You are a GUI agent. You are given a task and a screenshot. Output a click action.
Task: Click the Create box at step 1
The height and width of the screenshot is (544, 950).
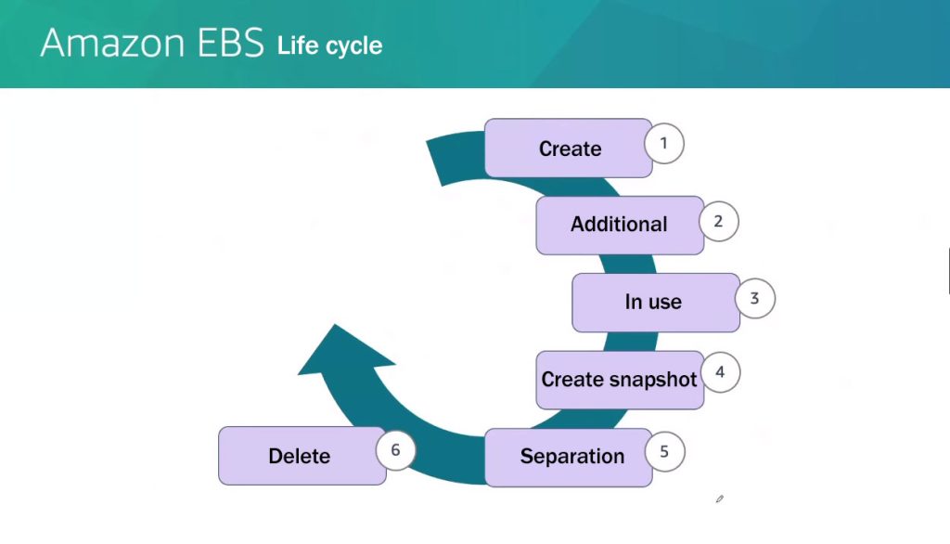coord(569,148)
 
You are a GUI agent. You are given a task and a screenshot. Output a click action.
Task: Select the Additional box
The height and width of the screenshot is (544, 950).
coord(620,225)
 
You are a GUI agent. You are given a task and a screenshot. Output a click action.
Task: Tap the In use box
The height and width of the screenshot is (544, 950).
coord(656,303)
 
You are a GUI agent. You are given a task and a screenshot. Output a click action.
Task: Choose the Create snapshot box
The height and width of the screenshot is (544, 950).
coord(620,380)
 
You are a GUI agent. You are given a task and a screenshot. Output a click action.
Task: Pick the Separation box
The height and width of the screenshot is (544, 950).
coord(569,458)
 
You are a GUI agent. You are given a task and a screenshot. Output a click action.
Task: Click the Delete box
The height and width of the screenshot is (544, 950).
coord(302,456)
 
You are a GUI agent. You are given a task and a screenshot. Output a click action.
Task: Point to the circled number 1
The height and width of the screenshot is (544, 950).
coord(664,144)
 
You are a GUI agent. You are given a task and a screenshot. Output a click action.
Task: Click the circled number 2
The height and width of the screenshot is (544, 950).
coord(719,221)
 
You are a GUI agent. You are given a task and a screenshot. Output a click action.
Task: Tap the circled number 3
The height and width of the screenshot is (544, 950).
coord(755,298)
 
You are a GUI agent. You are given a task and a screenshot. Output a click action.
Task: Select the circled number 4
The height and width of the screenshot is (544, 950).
coord(720,371)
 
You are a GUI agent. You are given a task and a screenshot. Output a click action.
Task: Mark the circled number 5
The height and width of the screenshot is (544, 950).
coord(664,452)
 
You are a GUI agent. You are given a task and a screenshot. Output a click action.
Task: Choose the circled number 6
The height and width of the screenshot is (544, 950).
coord(395,450)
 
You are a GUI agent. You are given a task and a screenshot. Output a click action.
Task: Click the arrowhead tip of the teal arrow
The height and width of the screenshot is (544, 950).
coord(335,325)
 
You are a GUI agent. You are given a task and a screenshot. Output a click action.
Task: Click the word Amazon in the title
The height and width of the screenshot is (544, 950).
coord(112,43)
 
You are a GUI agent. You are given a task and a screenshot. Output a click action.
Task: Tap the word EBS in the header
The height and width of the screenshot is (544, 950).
coord(231,43)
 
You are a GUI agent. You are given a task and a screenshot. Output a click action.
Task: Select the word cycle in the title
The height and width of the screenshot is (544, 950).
coord(355,46)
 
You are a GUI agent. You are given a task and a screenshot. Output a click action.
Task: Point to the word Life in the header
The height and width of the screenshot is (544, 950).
coord(298,45)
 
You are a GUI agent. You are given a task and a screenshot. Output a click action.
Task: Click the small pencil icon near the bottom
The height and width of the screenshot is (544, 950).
coord(720,499)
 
